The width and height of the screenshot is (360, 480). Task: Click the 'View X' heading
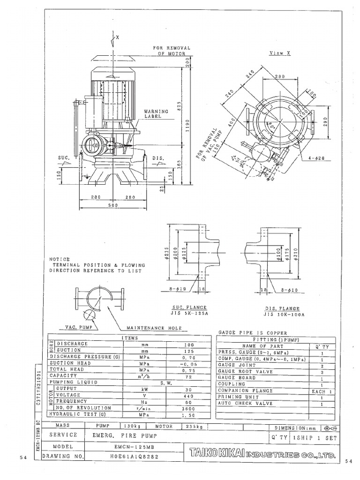click(279, 53)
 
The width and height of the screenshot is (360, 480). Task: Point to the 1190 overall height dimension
click(187, 125)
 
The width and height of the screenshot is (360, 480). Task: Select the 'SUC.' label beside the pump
click(64, 158)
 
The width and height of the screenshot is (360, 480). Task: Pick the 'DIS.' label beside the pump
click(158, 158)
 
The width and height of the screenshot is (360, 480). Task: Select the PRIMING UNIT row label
click(233, 397)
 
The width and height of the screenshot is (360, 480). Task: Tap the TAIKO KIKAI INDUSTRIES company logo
click(262, 455)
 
